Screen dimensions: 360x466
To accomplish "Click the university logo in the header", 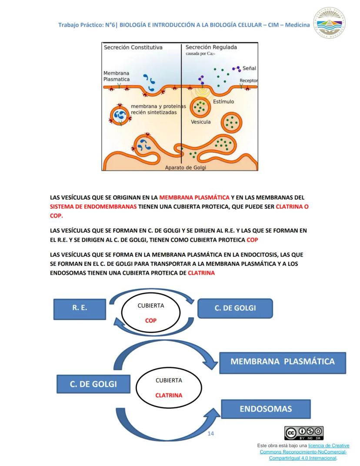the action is (x=330, y=23).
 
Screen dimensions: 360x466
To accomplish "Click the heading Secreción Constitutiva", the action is (x=133, y=47).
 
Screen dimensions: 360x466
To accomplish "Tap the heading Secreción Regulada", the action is (x=211, y=47).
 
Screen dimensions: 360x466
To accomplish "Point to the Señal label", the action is (x=249, y=68).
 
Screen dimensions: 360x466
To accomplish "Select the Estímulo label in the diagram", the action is (x=223, y=102).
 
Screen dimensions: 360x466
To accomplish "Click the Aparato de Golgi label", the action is (x=185, y=168).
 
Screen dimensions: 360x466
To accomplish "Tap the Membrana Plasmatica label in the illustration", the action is (x=117, y=76).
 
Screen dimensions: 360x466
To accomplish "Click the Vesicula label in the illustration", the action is (x=200, y=122).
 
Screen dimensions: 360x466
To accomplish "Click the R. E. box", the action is (x=80, y=309).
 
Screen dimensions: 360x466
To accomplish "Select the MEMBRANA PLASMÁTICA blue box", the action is (x=283, y=362).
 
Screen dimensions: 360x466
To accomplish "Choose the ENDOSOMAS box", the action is (x=266, y=409).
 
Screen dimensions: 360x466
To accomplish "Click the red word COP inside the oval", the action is (x=150, y=320).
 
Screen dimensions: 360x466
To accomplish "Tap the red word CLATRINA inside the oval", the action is (x=169, y=395).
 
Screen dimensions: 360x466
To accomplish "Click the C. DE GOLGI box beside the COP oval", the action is (x=235, y=308).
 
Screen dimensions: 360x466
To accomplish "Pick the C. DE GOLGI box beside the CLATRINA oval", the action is (x=93, y=384).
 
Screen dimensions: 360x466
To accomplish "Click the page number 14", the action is (x=210, y=434).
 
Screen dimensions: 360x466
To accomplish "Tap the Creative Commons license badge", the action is (x=304, y=433).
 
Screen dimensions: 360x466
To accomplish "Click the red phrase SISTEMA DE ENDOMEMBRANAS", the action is (x=93, y=207).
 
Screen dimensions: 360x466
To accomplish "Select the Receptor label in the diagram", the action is (x=249, y=80).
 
